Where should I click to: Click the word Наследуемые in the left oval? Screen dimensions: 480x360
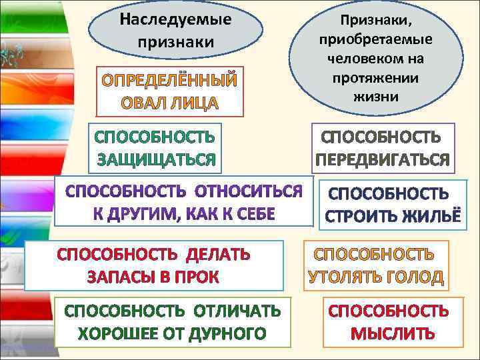(176, 19)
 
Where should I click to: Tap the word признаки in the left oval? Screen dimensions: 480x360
(176, 41)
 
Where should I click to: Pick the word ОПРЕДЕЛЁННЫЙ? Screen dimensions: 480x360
(169, 82)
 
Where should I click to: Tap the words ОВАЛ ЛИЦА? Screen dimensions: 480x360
(169, 103)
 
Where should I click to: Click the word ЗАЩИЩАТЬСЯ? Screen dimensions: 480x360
(157, 160)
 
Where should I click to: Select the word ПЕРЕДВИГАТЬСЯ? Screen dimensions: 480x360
(383, 161)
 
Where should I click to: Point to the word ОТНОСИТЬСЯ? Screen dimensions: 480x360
(249, 193)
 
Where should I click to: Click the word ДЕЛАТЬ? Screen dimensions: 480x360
(218, 254)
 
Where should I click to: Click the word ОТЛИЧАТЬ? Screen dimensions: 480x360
(237, 311)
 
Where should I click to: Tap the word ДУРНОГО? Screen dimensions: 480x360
(230, 333)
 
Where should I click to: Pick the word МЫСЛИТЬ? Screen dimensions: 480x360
(393, 333)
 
